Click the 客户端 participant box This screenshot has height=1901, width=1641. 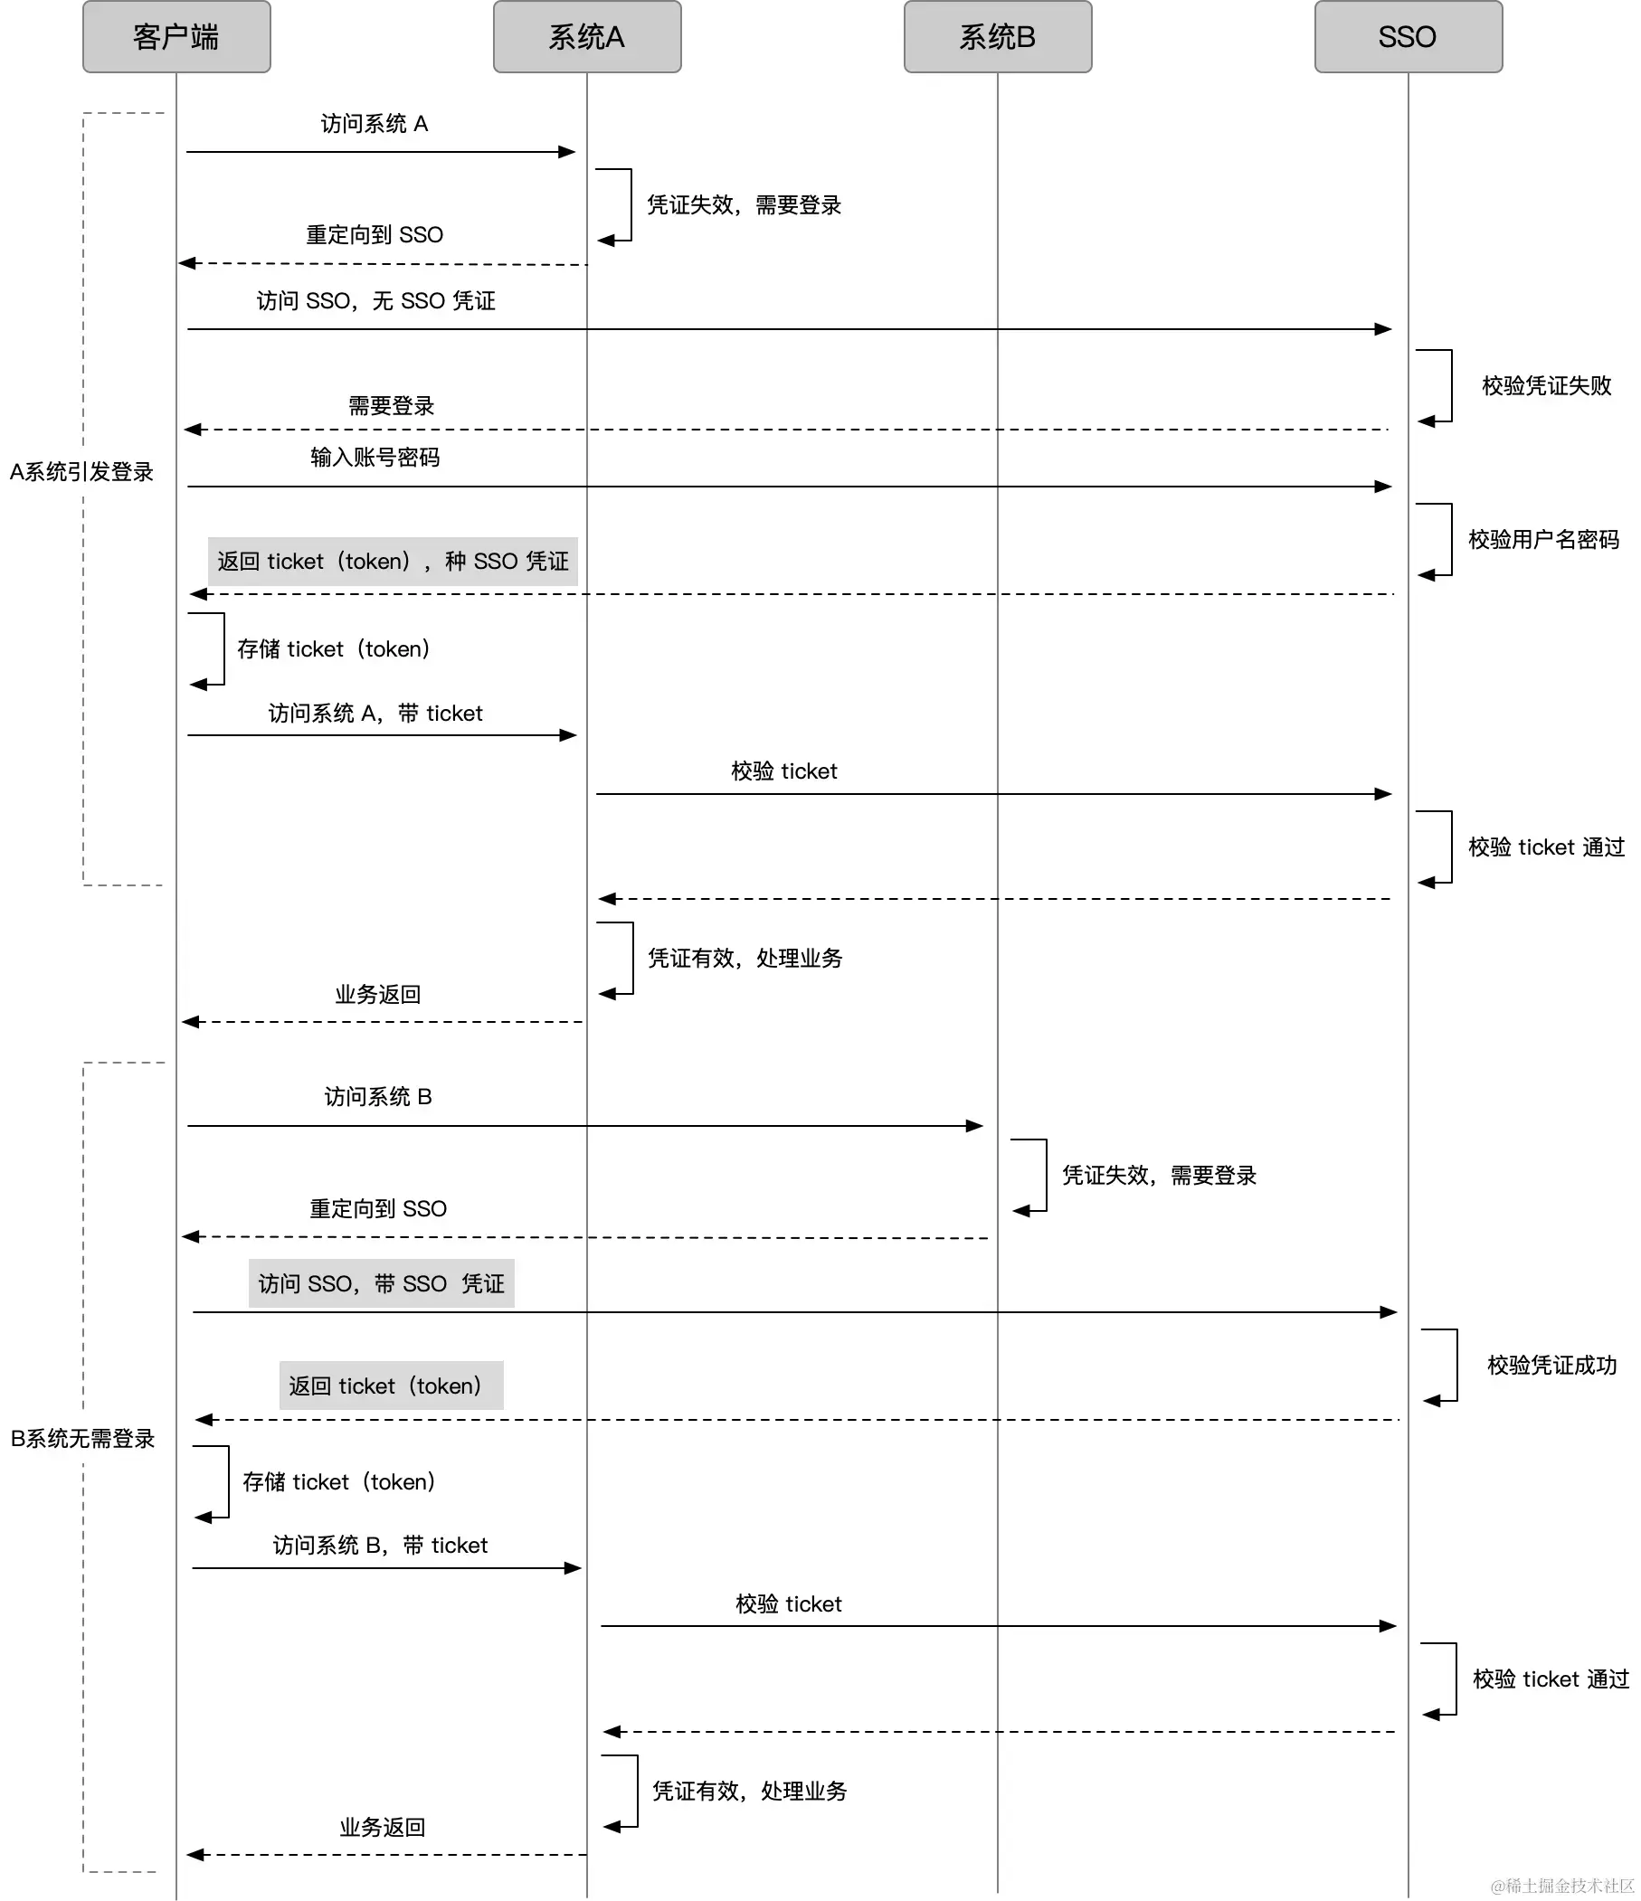(176, 37)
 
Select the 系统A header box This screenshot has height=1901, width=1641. (586, 37)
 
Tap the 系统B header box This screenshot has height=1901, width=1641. (997, 37)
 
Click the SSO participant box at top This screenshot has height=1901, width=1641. (1407, 37)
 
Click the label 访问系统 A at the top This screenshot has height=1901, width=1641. (374, 124)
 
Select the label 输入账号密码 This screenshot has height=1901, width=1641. (375, 457)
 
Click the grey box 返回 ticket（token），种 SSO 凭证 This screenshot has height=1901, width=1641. (392, 562)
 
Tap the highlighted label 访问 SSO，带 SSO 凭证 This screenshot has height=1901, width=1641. (381, 1283)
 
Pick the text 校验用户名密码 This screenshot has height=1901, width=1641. (1542, 540)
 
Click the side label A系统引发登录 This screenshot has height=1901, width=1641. (81, 471)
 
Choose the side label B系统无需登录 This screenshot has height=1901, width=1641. (81, 1438)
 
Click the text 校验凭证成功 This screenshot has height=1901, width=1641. (1551, 1365)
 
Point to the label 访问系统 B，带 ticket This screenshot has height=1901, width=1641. (380, 1545)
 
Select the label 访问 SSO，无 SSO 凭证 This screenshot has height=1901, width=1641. (375, 301)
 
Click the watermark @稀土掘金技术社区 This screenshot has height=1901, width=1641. (1561, 1885)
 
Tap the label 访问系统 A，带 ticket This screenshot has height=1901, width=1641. (375, 713)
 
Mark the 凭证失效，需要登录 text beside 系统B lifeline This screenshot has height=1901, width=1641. (1158, 1176)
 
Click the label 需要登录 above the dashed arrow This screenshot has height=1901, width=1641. (390, 405)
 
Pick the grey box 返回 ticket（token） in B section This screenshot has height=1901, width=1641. (391, 1386)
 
